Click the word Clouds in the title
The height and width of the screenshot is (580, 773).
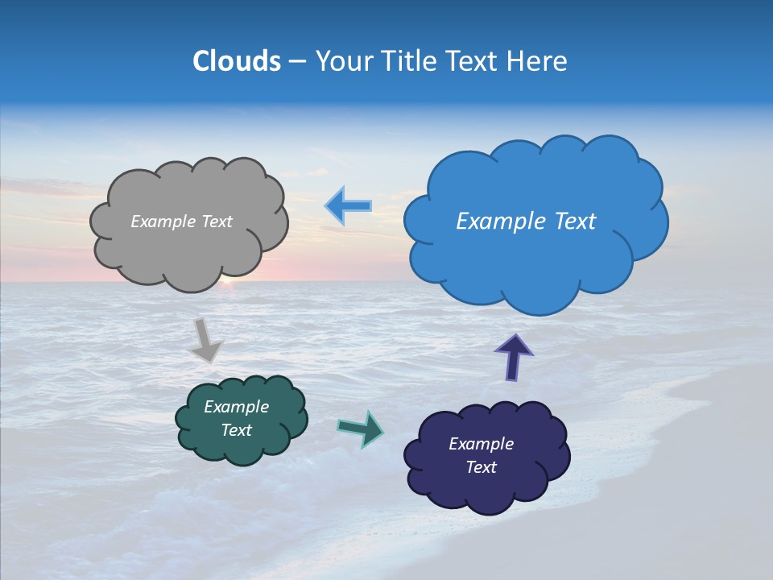(x=236, y=61)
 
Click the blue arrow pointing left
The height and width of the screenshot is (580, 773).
(x=349, y=206)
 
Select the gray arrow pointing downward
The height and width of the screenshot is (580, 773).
(x=207, y=339)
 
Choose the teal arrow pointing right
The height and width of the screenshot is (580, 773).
(x=361, y=428)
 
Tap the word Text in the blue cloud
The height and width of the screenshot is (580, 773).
(x=568, y=222)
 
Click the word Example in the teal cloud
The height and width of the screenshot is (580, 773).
(x=236, y=407)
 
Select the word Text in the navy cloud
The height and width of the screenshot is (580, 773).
(x=481, y=467)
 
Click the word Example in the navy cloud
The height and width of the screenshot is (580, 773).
(x=481, y=444)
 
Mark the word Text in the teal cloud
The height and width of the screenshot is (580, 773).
(x=236, y=430)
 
